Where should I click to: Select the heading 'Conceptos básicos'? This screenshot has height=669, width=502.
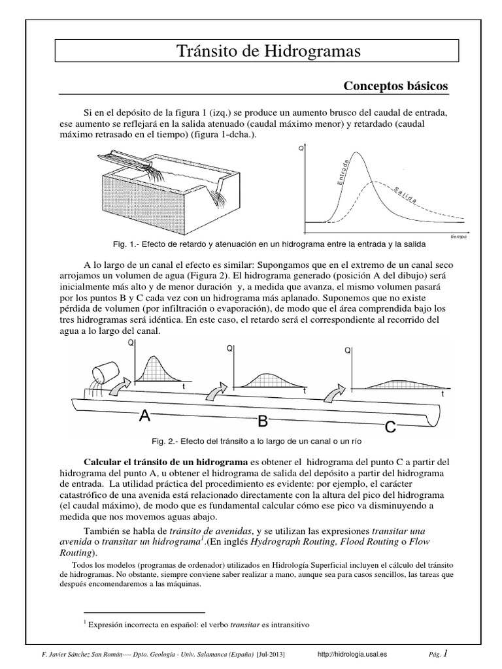[x=396, y=86]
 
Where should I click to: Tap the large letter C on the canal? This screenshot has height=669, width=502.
[x=391, y=427]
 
